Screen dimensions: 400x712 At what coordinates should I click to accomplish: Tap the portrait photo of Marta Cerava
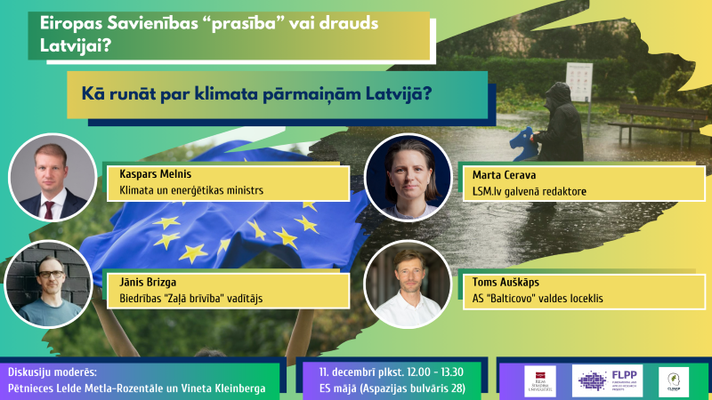click(408, 176)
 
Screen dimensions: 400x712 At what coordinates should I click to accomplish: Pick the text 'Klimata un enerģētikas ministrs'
click(191, 190)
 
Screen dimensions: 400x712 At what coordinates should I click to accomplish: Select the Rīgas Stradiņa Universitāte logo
click(540, 380)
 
